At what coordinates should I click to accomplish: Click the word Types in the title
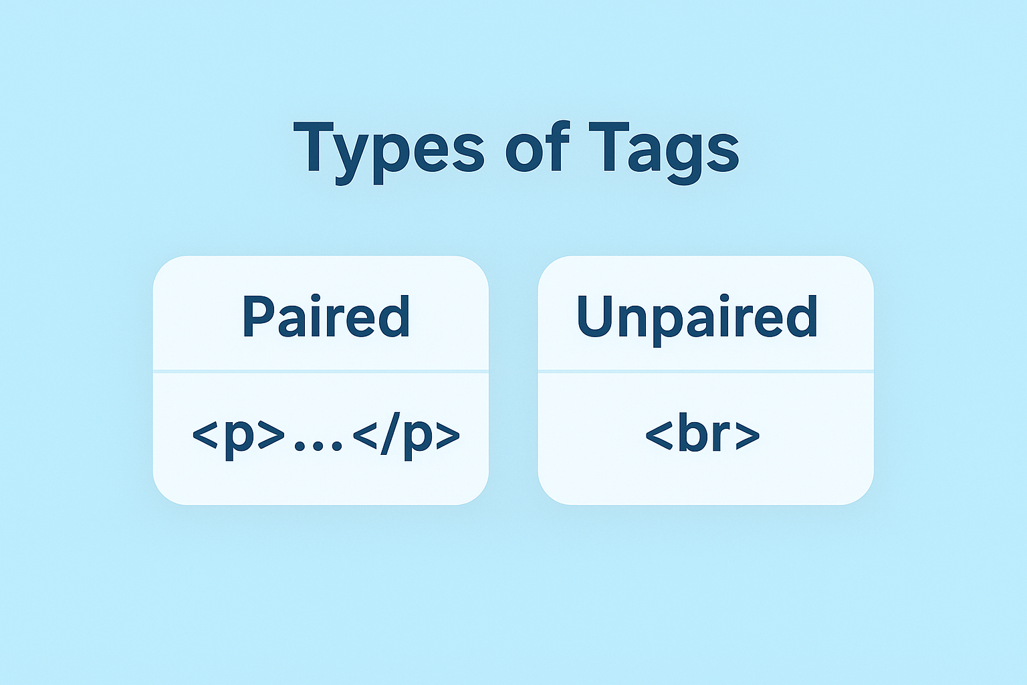tap(388, 149)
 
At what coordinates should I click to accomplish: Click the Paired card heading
tap(326, 316)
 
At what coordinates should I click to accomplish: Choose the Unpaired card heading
tap(697, 316)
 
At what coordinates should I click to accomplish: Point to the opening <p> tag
tap(238, 435)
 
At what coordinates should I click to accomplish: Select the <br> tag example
tap(702, 435)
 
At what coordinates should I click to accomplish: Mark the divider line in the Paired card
tap(321, 371)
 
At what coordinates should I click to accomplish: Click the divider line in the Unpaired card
tap(705, 371)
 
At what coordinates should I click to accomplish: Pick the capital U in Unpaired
tap(594, 316)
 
